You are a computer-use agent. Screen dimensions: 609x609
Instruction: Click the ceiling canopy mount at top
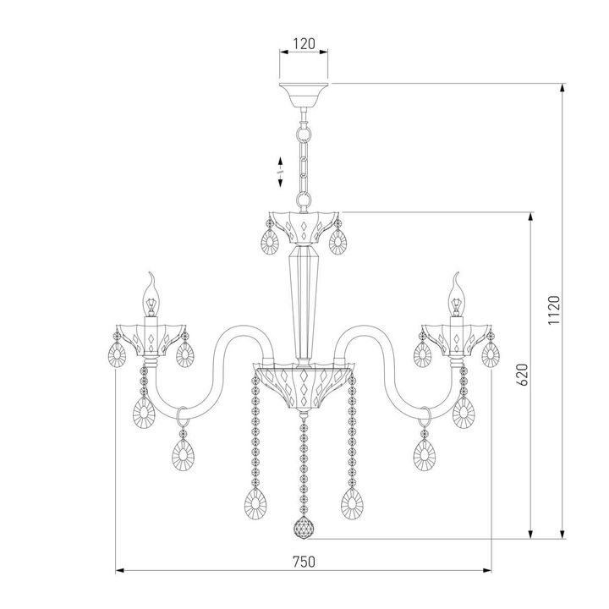[304, 95]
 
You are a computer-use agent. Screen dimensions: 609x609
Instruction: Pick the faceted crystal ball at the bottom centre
[304, 530]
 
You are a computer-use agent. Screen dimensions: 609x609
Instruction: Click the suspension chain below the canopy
[304, 161]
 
